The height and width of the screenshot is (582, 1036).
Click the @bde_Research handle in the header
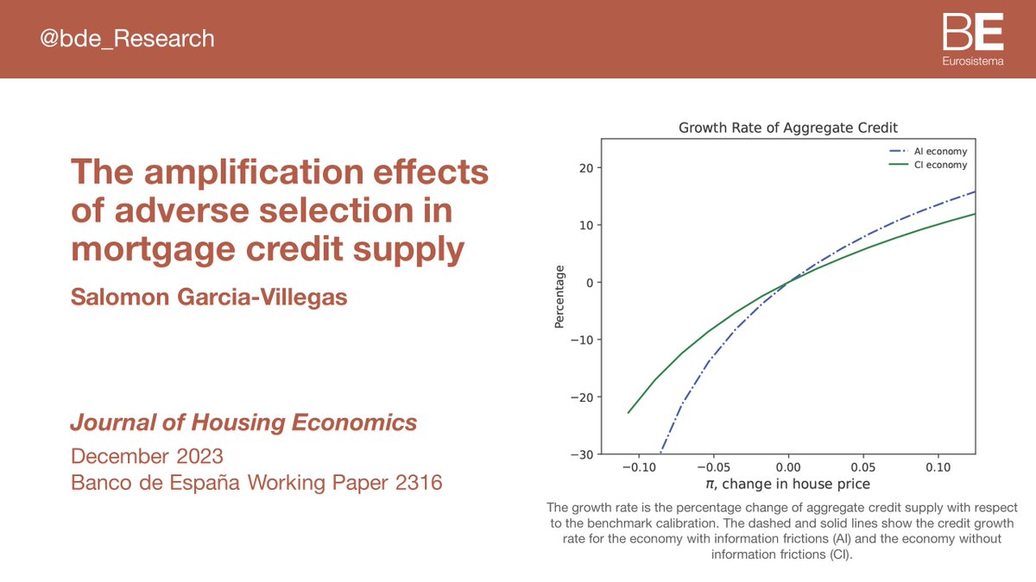(x=128, y=39)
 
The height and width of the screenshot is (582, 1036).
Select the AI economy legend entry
(x=928, y=152)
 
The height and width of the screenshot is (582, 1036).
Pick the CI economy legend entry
(x=928, y=165)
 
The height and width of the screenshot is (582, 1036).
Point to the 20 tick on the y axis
(x=584, y=168)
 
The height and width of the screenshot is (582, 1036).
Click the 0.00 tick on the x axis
(x=788, y=466)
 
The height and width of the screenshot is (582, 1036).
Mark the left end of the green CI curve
(x=628, y=413)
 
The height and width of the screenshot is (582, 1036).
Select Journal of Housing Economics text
(x=243, y=423)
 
